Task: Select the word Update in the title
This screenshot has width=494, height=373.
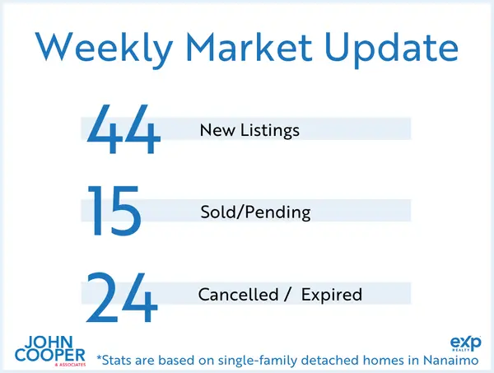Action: click(389, 49)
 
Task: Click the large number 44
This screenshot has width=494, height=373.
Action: click(123, 129)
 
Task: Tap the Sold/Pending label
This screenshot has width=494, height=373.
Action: click(255, 212)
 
